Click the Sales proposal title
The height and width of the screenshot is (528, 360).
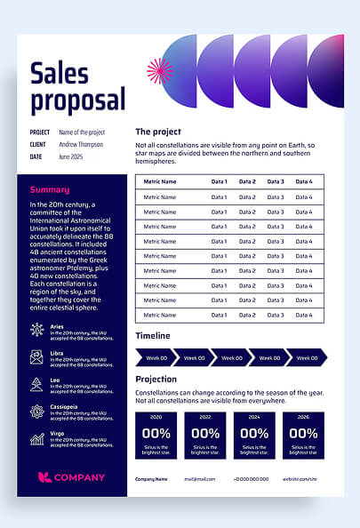[x=77, y=86]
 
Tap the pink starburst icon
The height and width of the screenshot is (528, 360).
[x=158, y=71]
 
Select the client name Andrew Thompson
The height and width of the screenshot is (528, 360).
[x=81, y=144]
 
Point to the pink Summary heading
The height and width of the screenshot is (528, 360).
[x=50, y=189]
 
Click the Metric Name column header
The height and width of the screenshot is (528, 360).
[x=160, y=181]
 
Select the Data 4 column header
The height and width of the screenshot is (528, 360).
[x=304, y=181]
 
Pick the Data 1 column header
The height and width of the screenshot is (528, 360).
[x=219, y=181]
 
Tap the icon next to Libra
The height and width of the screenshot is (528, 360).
[x=36, y=357]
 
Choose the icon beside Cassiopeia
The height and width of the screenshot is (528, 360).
[x=36, y=412]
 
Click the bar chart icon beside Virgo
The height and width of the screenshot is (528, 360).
[x=36, y=438]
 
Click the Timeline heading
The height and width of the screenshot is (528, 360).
[x=153, y=336]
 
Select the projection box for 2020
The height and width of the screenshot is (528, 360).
[x=156, y=435]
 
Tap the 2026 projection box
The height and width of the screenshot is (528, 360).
[x=303, y=435]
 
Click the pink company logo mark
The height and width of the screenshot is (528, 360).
[x=44, y=477]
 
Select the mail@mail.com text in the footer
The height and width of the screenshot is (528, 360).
[x=200, y=478]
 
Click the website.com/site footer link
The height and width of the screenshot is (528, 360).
[x=300, y=478]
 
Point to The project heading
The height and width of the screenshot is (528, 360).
[x=158, y=132]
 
